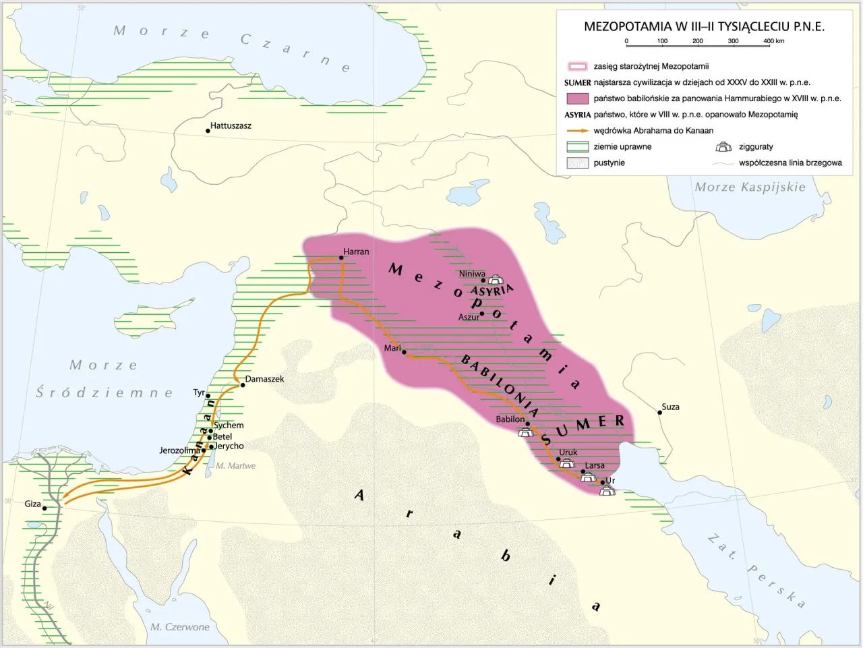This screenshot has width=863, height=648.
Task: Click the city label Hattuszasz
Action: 231,126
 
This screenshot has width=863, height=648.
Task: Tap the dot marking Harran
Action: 341,258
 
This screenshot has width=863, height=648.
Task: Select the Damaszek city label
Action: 264,379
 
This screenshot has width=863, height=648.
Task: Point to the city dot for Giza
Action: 45,508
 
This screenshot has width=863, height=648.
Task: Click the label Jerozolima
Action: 179,450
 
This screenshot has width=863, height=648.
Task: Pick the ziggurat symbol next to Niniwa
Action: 496,279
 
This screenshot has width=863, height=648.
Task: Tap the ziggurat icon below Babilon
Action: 526,432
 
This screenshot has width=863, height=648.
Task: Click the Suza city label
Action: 670,407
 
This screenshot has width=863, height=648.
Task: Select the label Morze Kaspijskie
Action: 750,187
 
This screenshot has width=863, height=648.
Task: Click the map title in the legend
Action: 704,27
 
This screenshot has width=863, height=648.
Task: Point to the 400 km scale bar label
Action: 773,41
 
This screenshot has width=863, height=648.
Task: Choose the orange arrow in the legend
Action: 577,131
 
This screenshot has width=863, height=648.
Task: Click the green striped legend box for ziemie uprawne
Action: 578,147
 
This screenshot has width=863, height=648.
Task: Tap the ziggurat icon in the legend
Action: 723,147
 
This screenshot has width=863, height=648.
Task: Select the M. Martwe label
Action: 235,466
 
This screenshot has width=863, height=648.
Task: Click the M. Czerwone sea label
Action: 179,627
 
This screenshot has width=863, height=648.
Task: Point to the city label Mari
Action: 392,348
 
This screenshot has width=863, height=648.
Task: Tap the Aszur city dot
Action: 481,314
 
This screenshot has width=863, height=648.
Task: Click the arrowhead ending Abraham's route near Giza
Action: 67,500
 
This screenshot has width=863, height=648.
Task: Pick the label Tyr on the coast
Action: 198,392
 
